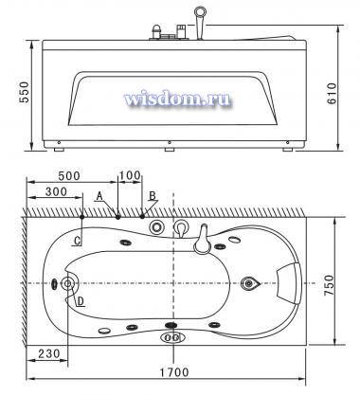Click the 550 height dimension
pos(24,92)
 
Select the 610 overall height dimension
pos(332,94)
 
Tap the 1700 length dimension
pos(173,372)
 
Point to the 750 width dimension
pos(329,285)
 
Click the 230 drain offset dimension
pos(49,353)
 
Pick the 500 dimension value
pos(69,175)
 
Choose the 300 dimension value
pos(56,191)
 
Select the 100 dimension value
pos(130,175)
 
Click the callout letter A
pos(99,196)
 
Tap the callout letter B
pos(153,195)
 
